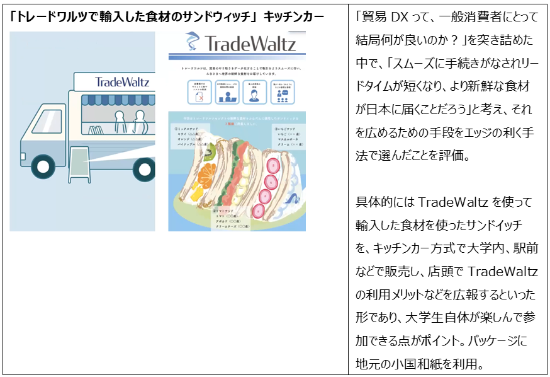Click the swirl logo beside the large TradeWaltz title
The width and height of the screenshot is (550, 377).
click(x=191, y=43)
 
